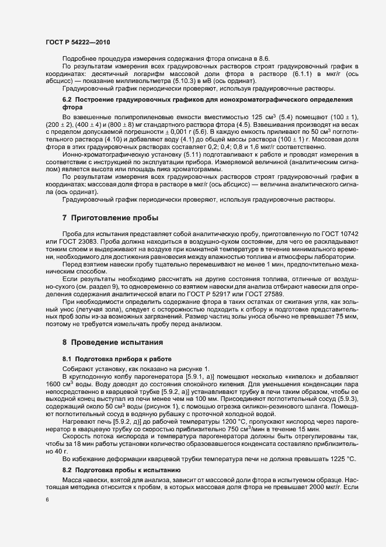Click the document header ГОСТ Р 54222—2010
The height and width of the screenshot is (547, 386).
76,43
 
